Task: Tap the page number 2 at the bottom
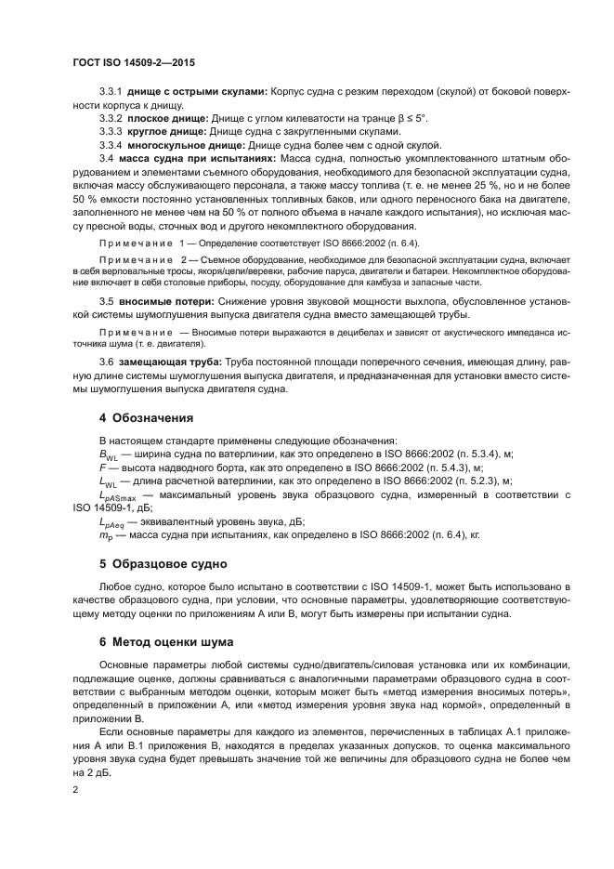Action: [76, 789]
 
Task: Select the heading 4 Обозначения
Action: [146, 417]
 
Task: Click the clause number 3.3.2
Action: [111, 118]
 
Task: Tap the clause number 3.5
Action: [106, 301]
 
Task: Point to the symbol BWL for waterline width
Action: [108, 454]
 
